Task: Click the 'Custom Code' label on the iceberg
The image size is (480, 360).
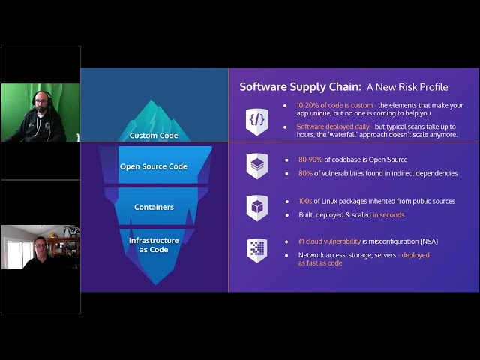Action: (154, 136)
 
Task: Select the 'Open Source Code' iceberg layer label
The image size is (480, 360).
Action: (153, 166)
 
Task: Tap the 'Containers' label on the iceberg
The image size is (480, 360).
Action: (154, 207)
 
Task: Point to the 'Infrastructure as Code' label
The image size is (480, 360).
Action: (154, 245)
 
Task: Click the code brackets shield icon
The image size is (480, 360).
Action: (257, 121)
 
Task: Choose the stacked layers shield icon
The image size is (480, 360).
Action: (257, 166)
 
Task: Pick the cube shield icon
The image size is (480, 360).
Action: (257, 208)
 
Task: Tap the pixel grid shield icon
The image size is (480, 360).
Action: (257, 250)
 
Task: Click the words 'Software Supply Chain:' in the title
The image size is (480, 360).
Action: (301, 87)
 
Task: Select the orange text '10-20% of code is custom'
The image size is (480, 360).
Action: (334, 105)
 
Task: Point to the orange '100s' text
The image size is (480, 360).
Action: (305, 202)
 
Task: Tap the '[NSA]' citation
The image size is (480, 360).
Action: (429, 241)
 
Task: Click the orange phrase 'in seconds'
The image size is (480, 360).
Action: (388, 215)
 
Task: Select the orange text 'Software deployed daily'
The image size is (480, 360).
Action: (333, 127)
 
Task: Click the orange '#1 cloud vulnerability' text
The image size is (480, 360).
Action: (329, 241)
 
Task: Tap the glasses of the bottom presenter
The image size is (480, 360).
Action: (40, 245)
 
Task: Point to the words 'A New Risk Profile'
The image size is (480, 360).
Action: (407, 87)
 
